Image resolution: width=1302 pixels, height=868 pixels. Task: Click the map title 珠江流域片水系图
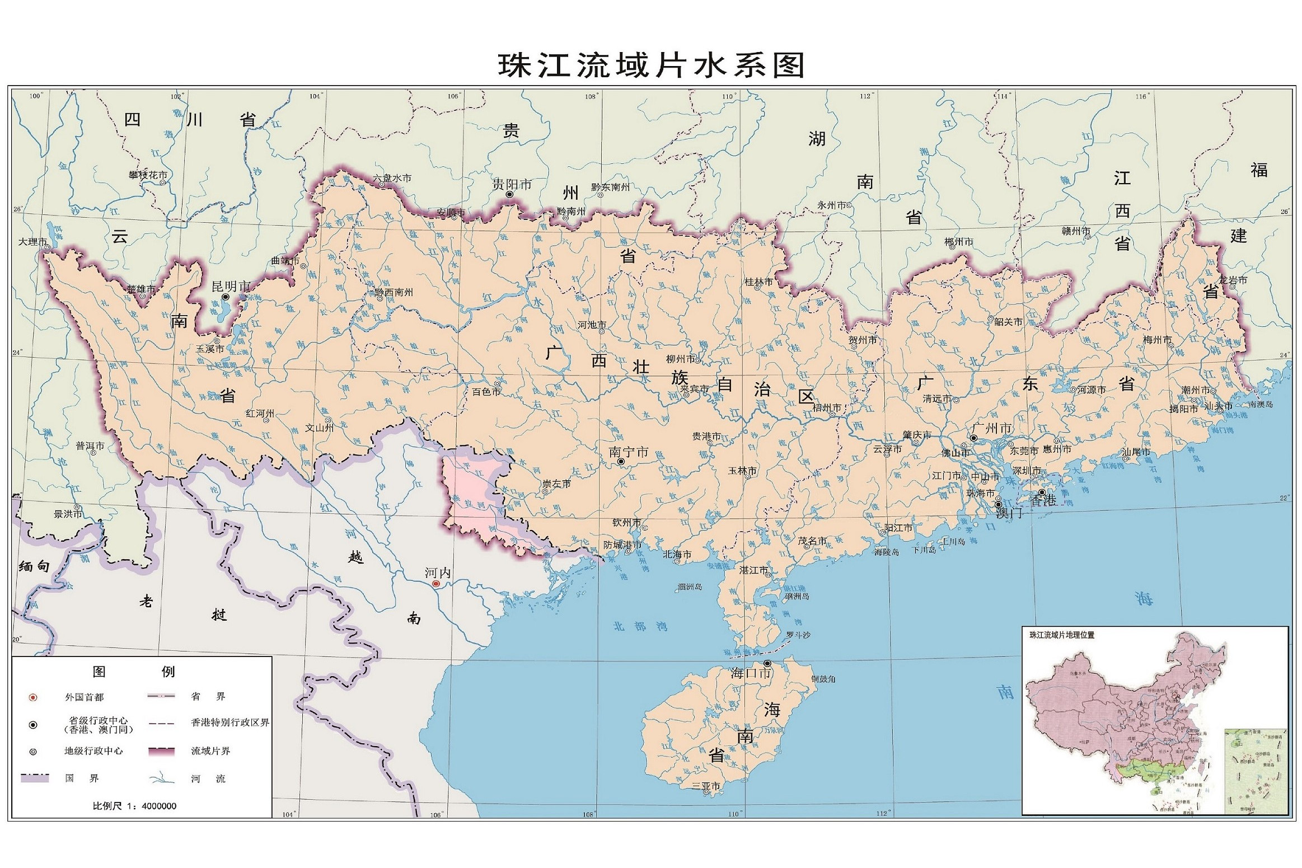651,66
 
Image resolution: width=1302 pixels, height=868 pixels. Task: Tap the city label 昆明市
231,287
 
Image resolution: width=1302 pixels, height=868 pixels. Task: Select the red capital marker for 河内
436,584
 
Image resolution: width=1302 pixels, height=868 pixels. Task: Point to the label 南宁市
628,452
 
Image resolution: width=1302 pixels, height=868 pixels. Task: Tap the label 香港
1043,500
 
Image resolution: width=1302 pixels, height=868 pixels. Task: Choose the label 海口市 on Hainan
750,673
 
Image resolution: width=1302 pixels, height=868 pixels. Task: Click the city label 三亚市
706,786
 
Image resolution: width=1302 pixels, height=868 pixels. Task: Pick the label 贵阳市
512,184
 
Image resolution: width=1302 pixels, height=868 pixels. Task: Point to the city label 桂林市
758,281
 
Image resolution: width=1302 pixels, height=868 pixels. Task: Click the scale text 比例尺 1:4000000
134,806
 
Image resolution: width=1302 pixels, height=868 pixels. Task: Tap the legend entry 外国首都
84,697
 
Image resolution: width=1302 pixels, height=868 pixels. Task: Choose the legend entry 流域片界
210,751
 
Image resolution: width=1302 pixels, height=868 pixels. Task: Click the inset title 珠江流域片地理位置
1061,635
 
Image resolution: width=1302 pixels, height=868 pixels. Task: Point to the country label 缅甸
34,566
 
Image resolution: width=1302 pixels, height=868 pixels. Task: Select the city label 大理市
32,242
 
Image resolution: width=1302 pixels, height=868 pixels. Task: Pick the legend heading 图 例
134,672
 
